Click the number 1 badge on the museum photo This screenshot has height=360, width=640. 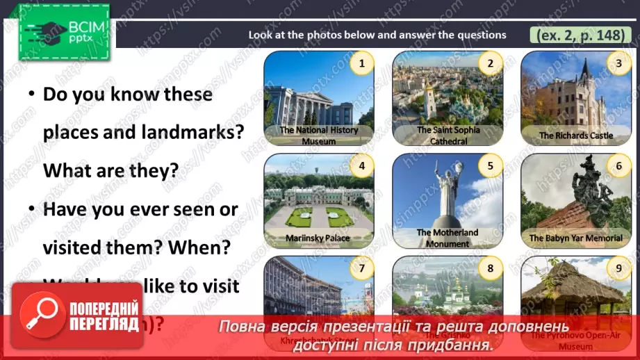361,65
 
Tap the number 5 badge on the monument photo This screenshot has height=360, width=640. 490,166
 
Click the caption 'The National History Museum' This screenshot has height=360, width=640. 319,136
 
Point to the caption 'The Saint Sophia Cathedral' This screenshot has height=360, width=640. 448,136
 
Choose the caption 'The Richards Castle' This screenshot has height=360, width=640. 576,136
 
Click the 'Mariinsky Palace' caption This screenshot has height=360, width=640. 318,238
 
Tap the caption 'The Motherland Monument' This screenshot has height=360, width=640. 448,238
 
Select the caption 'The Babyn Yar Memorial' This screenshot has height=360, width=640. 576,238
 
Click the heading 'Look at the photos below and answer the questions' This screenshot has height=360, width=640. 377,35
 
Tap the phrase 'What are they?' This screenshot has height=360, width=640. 111,170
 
